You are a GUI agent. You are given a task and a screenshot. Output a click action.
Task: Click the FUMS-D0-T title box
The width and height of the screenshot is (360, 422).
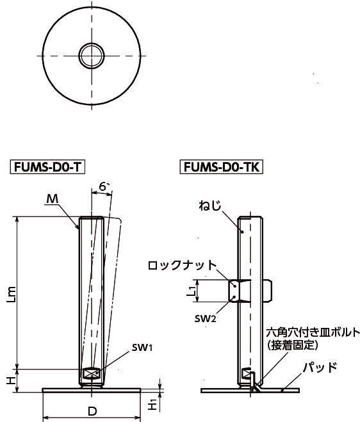pos(47,167)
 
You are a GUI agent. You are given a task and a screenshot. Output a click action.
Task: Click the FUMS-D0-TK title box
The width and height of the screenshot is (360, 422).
pos(222,167)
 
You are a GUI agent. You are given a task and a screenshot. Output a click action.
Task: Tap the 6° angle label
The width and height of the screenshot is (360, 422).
pos(104,186)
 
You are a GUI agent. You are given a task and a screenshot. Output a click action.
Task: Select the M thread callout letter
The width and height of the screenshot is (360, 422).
pos(53,199)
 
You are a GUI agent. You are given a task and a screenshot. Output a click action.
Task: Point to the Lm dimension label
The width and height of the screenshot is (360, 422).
pos(12,295)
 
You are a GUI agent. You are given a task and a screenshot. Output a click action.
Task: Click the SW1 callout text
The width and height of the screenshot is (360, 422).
pos(142,348)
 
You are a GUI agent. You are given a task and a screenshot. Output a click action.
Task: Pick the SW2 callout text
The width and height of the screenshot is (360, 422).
pos(206,319)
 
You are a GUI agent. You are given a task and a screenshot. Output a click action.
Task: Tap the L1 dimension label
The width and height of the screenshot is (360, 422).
pos(191,291)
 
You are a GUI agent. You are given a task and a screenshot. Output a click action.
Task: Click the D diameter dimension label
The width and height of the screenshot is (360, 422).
pos(92,411)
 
